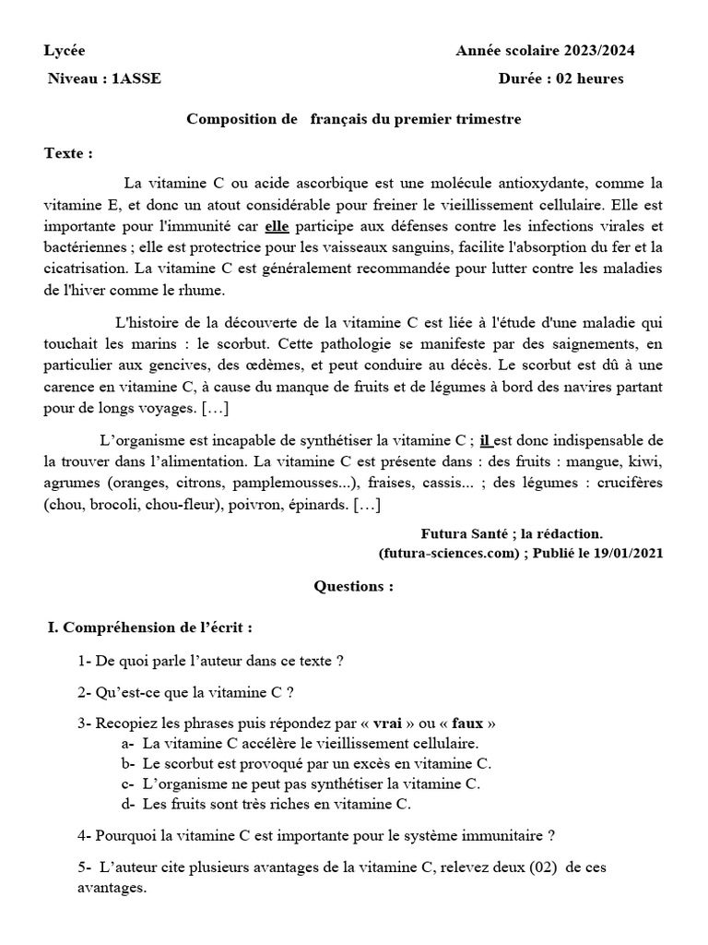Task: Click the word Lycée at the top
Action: pyautogui.click(x=64, y=51)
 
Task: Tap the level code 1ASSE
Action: pyautogui.click(x=136, y=78)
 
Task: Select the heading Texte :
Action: pyautogui.click(x=68, y=152)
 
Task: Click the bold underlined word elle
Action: pyautogui.click(x=277, y=227)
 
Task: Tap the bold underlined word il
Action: pyautogui.click(x=486, y=440)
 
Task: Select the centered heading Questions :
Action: pyautogui.click(x=354, y=586)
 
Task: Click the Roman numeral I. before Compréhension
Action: pyautogui.click(x=53, y=628)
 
